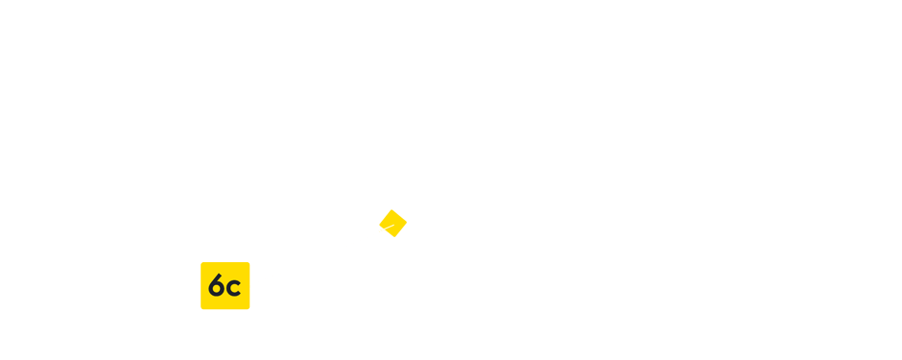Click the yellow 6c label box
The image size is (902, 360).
point(225,285)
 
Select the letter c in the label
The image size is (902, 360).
point(233,287)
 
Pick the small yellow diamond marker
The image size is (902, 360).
point(392,223)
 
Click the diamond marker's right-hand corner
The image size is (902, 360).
point(406,222)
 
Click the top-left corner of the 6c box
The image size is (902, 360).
point(202,262)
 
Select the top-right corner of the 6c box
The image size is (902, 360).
point(249,262)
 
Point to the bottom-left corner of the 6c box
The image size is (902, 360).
point(202,309)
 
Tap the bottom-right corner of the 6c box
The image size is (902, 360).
point(249,309)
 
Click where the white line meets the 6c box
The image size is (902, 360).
point(250,284)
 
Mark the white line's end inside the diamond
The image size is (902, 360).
point(392,224)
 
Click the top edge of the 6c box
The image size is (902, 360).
point(225,262)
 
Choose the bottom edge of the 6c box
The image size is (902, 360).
point(225,309)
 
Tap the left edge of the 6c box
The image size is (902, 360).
point(202,285)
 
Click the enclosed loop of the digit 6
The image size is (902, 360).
point(217,290)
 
